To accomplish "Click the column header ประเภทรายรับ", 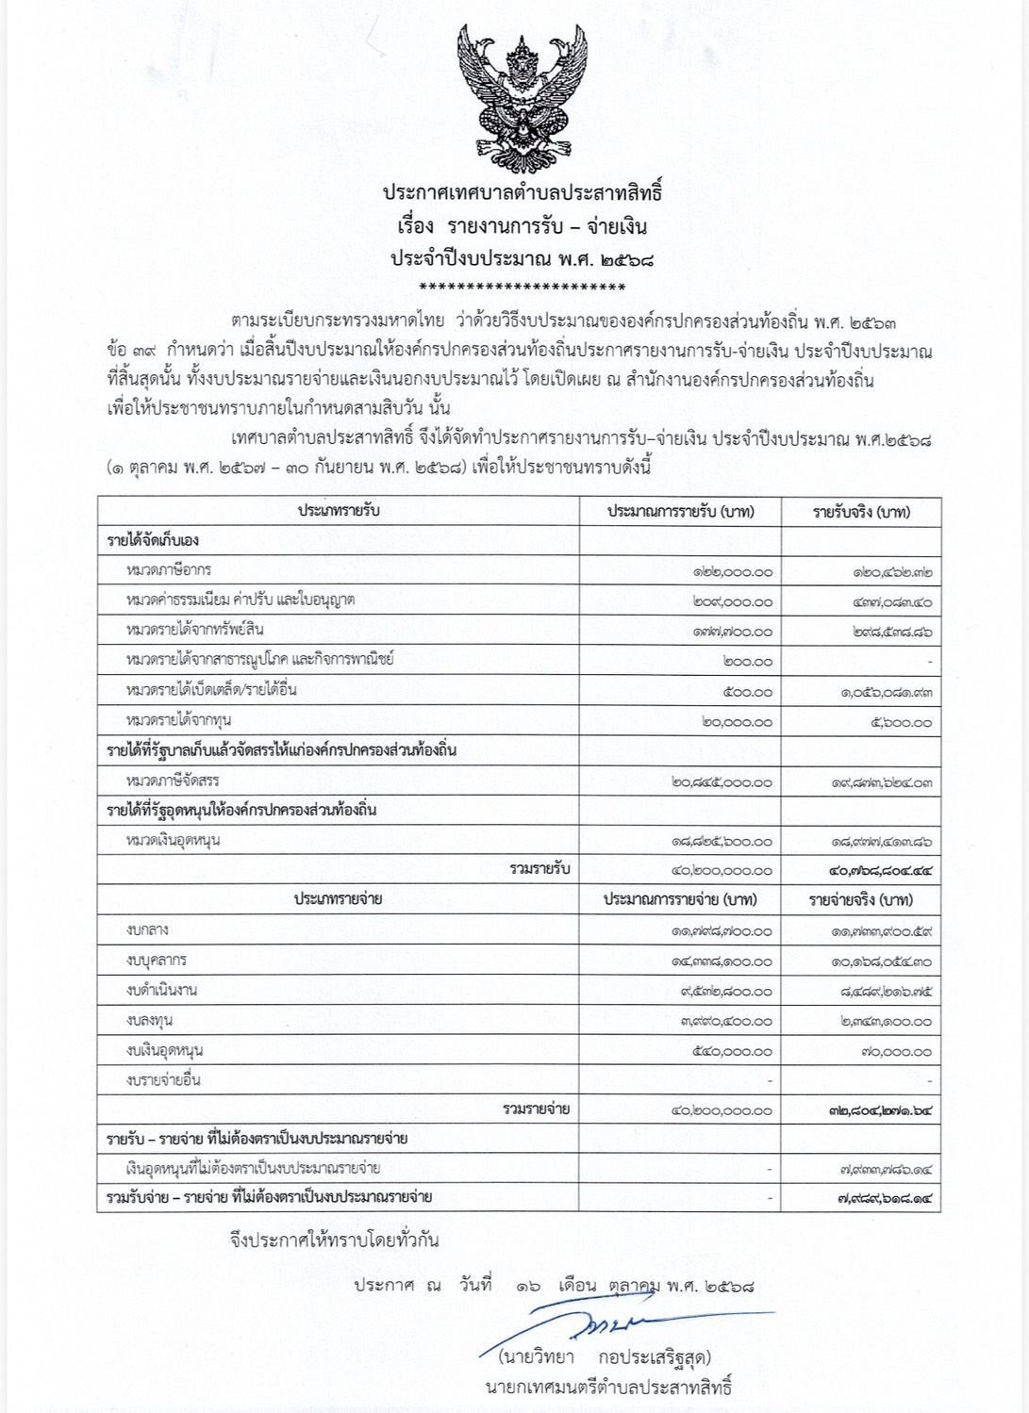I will (x=339, y=511).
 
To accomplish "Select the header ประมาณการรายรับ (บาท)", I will (x=680, y=512).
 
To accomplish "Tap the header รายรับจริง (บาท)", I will (x=861, y=512).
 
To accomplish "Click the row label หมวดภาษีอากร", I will (x=169, y=570).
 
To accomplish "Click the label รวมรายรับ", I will (x=539, y=869).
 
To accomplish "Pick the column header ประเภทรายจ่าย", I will (x=338, y=899).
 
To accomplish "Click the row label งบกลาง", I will (x=147, y=929).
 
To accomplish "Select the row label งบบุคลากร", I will (x=156, y=960).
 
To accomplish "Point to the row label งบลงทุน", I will (x=149, y=1020).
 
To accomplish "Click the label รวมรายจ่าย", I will (x=536, y=1109).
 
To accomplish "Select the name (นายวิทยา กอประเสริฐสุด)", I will (x=604, y=1357).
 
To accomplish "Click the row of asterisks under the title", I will (x=522, y=287).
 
